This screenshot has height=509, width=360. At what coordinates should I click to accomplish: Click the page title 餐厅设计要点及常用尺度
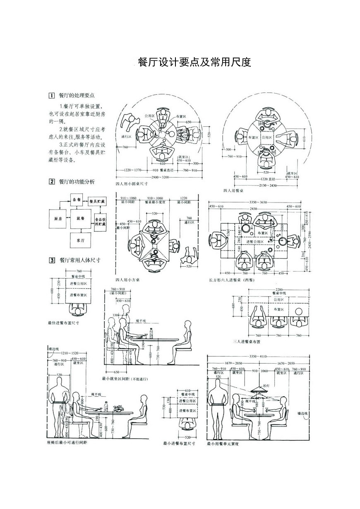[194, 62]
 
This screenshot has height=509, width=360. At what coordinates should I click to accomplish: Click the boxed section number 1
[52, 95]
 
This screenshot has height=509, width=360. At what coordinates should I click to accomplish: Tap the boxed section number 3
[52, 261]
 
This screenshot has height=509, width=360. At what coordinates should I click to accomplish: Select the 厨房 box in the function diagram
[57, 218]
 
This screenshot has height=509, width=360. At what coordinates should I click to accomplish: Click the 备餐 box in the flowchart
[77, 200]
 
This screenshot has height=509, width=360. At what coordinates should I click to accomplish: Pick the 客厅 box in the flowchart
[80, 240]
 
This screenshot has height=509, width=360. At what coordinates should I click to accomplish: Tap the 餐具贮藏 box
[97, 201]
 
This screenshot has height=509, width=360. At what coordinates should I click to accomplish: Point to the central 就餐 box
[80, 218]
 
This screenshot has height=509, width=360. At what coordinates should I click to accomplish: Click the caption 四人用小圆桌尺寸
[133, 183]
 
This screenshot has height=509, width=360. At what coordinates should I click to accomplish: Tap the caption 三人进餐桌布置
[247, 342]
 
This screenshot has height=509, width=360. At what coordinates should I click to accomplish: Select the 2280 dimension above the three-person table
[279, 289]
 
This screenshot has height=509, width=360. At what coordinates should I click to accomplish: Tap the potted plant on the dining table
[119, 408]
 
